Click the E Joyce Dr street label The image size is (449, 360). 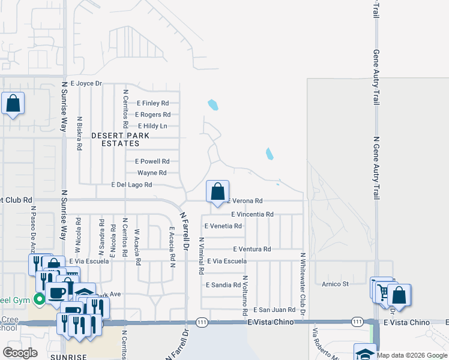[x=86, y=83]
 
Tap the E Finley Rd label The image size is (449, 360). [x=152, y=103]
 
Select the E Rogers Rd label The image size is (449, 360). [x=152, y=115]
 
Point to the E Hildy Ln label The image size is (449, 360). [x=152, y=126]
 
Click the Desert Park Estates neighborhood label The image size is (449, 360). [x=116, y=140]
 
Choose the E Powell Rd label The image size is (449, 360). [x=152, y=161]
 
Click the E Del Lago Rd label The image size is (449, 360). [x=131, y=185]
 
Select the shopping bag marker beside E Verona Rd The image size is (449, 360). [x=217, y=191]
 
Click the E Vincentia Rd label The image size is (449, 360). [x=252, y=214]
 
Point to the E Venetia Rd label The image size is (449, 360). [x=223, y=226]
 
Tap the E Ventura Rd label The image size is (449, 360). [x=252, y=249]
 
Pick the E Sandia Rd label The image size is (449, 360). [x=223, y=285]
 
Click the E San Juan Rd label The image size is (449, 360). [x=274, y=310]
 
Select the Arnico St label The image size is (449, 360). [x=335, y=284]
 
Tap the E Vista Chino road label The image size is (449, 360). [x=271, y=322]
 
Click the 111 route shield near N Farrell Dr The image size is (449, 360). [x=202, y=322]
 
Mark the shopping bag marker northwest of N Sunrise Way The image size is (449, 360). [x=13, y=104]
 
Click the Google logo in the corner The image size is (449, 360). [x=20, y=352]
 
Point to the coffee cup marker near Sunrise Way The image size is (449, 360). [x=58, y=293]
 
